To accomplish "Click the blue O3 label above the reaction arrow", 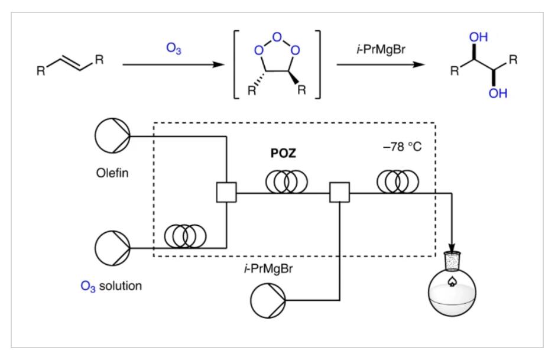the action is [174, 48].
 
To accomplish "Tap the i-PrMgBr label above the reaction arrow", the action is [381, 49].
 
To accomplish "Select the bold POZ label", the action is [283, 153].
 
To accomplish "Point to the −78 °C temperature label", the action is [403, 147].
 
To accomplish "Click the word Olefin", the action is [112, 173].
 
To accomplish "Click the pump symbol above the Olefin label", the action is [113, 135].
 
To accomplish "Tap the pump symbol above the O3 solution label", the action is [113, 248].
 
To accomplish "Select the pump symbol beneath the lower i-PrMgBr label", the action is [268, 301].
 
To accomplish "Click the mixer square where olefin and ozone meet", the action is [226, 193].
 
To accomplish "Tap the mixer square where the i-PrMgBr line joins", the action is [339, 193].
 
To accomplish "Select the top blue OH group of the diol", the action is [478, 37].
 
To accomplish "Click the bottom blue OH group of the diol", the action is [498, 93].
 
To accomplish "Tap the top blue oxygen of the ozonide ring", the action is [277, 37].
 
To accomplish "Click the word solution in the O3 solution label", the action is [120, 286].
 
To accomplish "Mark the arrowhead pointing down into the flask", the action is [452, 248].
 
